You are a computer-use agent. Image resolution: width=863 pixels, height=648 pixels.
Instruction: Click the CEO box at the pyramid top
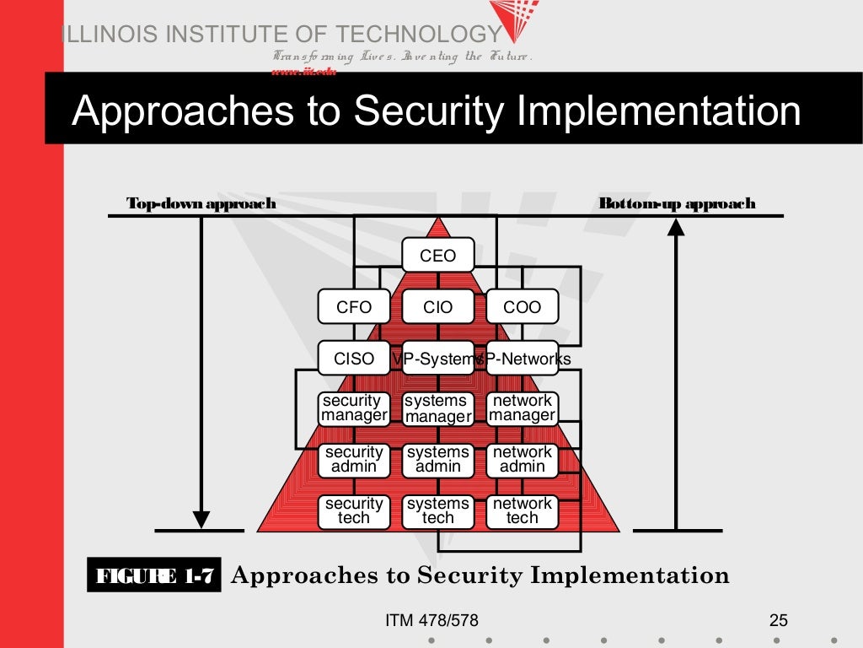[x=437, y=256]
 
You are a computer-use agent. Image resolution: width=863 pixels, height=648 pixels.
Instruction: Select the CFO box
[x=354, y=307]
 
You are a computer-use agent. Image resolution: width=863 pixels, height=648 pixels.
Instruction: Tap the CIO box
[x=437, y=307]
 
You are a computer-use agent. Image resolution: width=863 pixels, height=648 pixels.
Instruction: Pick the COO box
[x=522, y=307]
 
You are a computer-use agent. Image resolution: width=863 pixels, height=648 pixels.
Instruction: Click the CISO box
[x=354, y=359]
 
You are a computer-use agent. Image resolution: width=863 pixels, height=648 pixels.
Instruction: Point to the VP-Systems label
[x=436, y=359]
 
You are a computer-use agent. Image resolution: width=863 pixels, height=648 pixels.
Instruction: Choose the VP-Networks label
[x=524, y=359]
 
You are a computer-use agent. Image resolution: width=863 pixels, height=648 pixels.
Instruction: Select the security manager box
[x=354, y=408]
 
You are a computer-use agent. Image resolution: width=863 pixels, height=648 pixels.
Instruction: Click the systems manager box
[x=437, y=408]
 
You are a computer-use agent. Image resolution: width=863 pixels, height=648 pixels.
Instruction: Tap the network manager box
[x=522, y=408]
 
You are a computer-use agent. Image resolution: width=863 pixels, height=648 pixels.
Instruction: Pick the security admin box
[x=354, y=460]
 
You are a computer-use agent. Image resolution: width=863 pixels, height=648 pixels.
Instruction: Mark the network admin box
[x=522, y=460]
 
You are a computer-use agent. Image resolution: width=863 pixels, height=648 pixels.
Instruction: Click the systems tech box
[x=437, y=511]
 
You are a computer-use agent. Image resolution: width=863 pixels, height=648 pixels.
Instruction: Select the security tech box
[x=354, y=511]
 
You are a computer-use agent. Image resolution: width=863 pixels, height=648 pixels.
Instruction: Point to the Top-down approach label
[x=201, y=203]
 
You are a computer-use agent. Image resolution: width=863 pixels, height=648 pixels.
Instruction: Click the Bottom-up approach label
[x=677, y=203]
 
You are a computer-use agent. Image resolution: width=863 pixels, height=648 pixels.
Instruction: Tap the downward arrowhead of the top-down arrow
[x=201, y=518]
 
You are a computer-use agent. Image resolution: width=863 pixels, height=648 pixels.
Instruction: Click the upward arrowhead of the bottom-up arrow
[x=676, y=227]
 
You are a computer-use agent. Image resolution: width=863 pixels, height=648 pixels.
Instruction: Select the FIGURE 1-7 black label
[x=155, y=577]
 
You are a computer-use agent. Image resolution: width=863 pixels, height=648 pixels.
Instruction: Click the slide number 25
[x=778, y=621]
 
